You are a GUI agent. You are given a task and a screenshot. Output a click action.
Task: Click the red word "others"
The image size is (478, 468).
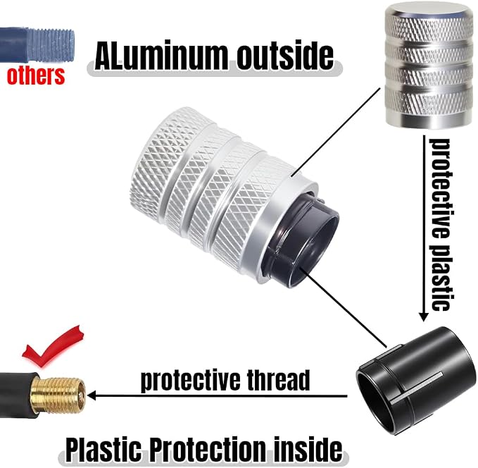click(x=36, y=75)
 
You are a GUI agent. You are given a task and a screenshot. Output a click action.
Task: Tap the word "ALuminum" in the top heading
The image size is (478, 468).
click(x=161, y=57)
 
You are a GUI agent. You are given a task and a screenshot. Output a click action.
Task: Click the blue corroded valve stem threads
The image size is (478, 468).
click(x=51, y=45)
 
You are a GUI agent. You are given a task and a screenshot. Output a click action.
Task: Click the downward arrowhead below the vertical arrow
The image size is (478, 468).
click(x=423, y=316)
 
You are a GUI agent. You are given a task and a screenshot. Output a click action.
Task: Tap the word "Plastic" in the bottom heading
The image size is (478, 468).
click(x=104, y=450)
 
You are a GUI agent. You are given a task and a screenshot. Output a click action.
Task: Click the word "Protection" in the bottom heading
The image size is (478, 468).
click(x=208, y=449)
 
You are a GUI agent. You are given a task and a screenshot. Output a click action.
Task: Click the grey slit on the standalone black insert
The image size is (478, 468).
click(x=416, y=388)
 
